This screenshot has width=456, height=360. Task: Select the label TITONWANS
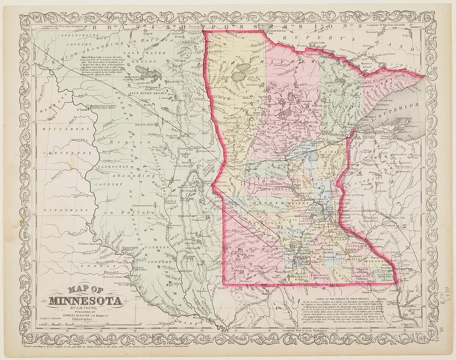(x=57, y=210)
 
